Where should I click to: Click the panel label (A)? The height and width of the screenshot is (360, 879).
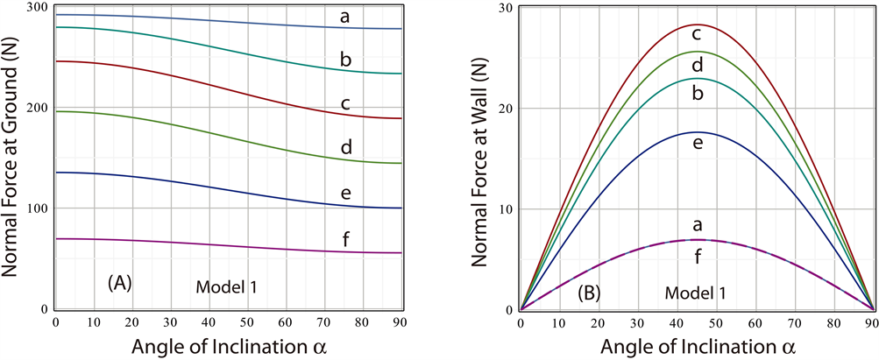(x=119, y=283)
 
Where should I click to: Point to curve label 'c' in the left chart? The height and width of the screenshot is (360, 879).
(x=345, y=104)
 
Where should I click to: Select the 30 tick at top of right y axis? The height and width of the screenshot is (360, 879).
(x=503, y=7)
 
